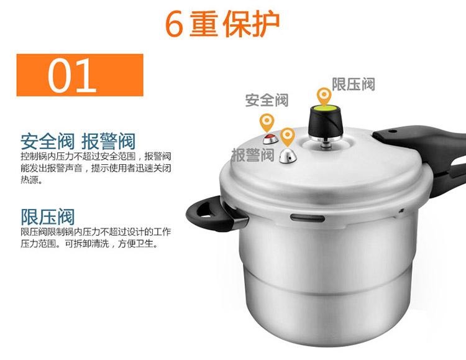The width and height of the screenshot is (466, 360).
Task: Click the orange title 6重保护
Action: [x=222, y=24]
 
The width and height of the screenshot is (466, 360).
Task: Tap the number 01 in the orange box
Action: [x=72, y=75]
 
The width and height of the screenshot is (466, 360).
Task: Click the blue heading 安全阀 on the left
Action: [x=47, y=141]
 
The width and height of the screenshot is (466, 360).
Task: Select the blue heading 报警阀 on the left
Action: [x=109, y=141]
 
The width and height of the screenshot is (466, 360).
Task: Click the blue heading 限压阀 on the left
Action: [x=47, y=217]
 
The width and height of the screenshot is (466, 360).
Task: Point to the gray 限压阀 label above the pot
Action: [x=353, y=84]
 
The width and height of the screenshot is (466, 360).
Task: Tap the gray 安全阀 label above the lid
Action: [x=267, y=100]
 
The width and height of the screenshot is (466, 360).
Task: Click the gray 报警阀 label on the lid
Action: [x=253, y=155]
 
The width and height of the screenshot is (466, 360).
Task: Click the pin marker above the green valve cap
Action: [x=324, y=96]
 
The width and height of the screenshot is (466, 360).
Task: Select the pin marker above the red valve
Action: [x=267, y=122]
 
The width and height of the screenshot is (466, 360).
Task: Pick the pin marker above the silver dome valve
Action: [x=288, y=136]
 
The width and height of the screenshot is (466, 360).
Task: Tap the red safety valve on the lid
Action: [x=270, y=139]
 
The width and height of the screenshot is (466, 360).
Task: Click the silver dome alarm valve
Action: [x=288, y=155]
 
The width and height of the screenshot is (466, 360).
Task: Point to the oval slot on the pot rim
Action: [x=308, y=218]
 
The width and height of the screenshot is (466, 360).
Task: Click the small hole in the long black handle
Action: [x=393, y=131]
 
